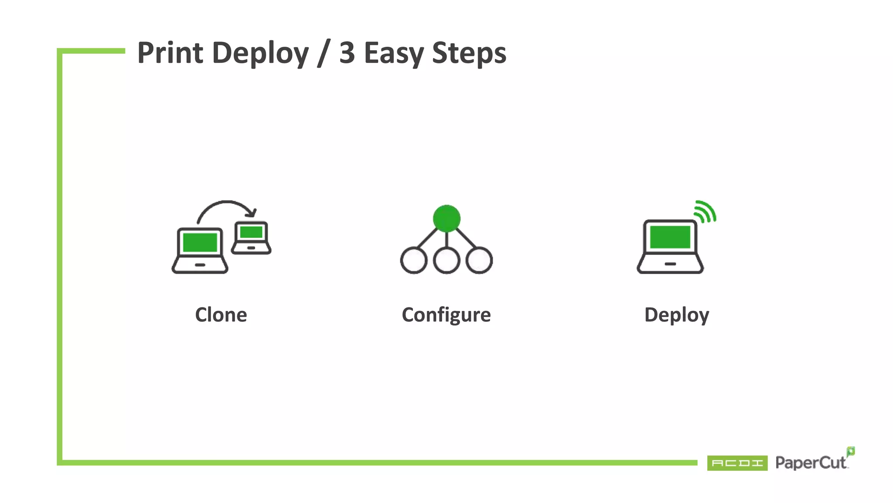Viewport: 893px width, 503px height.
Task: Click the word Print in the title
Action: click(170, 53)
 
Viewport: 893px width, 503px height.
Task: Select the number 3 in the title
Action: click(347, 53)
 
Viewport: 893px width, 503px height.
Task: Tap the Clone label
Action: click(221, 315)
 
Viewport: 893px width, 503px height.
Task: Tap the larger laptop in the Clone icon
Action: click(200, 251)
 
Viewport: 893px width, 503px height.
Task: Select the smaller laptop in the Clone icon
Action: click(251, 238)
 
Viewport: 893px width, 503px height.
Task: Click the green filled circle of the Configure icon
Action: click(446, 218)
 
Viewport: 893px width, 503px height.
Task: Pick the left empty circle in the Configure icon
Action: click(413, 260)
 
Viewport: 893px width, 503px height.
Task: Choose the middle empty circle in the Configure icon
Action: click(446, 260)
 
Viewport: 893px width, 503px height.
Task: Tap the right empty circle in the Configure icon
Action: click(479, 260)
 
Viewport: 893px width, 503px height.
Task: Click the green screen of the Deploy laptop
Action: click(670, 237)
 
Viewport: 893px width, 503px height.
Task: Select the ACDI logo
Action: click(737, 463)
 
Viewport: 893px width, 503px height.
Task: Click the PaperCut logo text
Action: click(811, 463)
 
